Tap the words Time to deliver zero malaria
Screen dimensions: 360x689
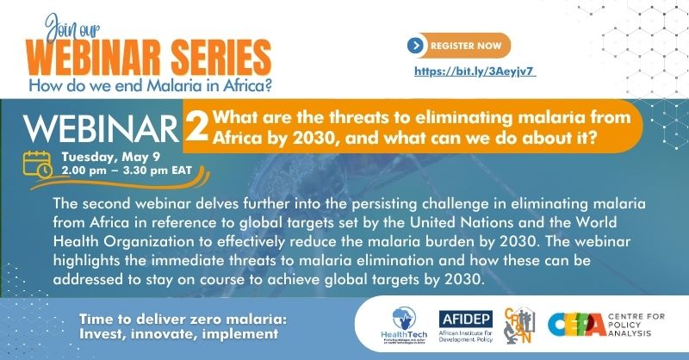pyautogui.click(x=177, y=318)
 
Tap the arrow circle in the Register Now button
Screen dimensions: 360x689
pyautogui.click(x=417, y=45)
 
